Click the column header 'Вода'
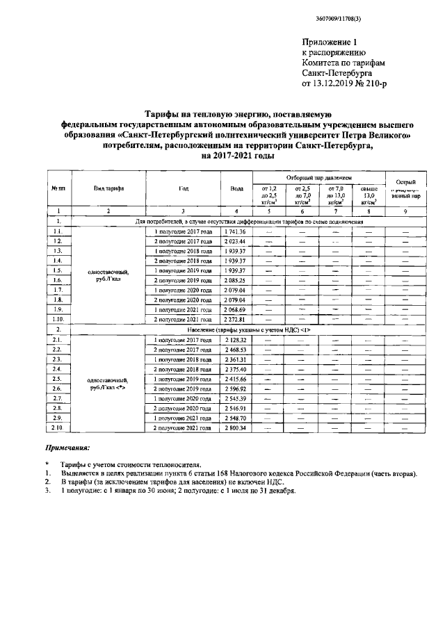click(236, 188)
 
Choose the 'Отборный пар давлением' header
click(315, 178)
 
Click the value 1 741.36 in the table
click(236, 231)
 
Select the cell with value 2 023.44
click(236, 240)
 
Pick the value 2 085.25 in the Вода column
click(236, 279)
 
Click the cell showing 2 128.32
click(236, 341)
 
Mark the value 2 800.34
click(236, 429)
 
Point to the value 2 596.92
click(236, 389)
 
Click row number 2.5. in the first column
click(59, 379)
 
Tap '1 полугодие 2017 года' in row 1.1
click(183, 231)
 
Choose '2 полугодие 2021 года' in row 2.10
click(183, 429)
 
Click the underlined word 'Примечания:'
click(67, 450)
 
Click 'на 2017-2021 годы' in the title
click(236, 156)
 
